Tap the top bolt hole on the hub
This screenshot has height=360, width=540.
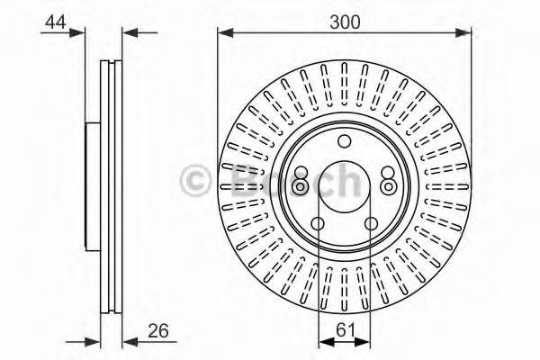click(344, 141)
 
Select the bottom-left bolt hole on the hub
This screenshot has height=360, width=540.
click(319, 225)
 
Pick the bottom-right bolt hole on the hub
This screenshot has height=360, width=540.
click(370, 225)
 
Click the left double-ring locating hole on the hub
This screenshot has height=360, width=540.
click(301, 184)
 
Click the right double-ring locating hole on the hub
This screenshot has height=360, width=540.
click(388, 184)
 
